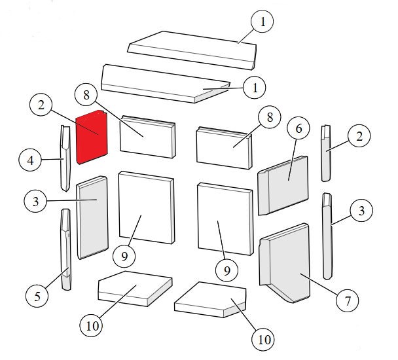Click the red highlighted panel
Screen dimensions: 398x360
coord(92,137)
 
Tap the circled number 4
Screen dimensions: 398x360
coord(30,160)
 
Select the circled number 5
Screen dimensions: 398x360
coord(37,296)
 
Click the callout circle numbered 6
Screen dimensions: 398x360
coord(298,128)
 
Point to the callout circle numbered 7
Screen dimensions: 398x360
coord(347,301)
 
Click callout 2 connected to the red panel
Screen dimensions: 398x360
coord(41,105)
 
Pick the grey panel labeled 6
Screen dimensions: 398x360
coord(283,185)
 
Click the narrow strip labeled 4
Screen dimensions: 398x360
coord(65,158)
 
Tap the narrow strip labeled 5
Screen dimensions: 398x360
coord(65,249)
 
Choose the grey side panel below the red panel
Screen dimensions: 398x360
coord(92,217)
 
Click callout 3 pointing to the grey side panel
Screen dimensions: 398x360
coord(35,202)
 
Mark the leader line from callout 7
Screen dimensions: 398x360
coord(319,284)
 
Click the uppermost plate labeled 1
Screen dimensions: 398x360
coord(192,50)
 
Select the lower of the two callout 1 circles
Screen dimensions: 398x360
coord(255,87)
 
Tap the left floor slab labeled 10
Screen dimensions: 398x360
coord(135,289)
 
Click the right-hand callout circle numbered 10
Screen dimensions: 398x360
coord(263,339)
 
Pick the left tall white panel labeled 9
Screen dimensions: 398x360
coord(147,207)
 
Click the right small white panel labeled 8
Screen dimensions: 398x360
coord(225,148)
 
